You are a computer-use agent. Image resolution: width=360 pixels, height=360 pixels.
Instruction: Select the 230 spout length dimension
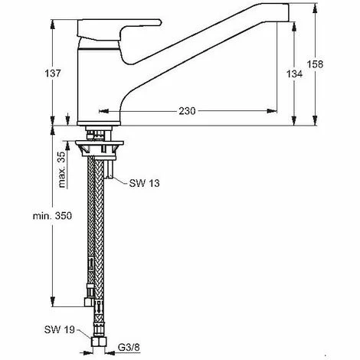[x=185, y=110]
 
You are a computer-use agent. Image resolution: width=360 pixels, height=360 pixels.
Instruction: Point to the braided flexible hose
[x=97, y=230]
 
